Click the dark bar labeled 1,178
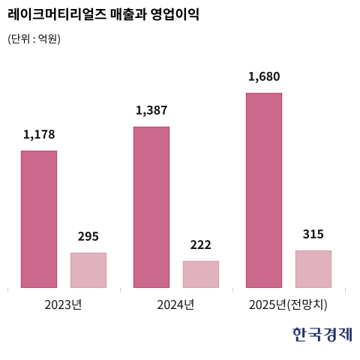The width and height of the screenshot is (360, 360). [x=39, y=219]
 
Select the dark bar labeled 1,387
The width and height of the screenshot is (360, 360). [x=151, y=207]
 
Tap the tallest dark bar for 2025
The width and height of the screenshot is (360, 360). [x=264, y=190]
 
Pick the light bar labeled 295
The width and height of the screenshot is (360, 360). [x=88, y=270]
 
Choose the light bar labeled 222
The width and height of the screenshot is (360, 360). [x=201, y=274]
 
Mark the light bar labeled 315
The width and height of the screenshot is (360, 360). [x=313, y=269]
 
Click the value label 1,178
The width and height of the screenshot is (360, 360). [x=39, y=134]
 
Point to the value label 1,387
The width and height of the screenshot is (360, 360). [x=151, y=110]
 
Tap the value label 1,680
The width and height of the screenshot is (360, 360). [x=264, y=76]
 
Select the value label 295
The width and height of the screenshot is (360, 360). [x=88, y=236]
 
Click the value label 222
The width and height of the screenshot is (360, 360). [x=201, y=244]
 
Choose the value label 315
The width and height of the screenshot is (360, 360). [x=313, y=234]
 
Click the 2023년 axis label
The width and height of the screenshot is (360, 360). [x=63, y=304]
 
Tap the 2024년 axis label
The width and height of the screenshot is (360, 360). [x=175, y=304]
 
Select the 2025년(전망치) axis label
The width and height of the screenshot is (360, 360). [x=288, y=304]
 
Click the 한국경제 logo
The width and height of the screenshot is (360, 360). [x=322, y=334]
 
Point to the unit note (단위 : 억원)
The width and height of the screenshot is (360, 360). [x=34, y=39]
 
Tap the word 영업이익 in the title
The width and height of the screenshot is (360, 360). [x=175, y=14]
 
